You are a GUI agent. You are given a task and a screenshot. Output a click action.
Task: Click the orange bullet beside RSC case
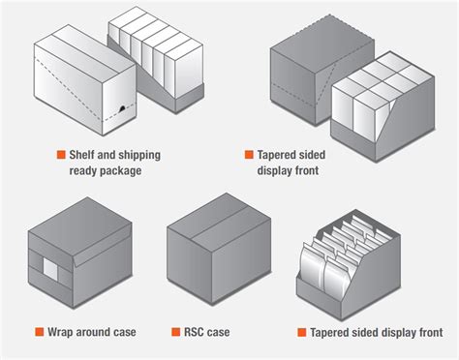[175, 333]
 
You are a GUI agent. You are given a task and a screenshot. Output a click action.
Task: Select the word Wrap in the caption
[61, 333]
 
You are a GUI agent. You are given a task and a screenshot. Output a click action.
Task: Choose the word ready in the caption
[89, 171]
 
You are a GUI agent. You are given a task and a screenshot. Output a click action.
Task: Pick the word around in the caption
[97, 333]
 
